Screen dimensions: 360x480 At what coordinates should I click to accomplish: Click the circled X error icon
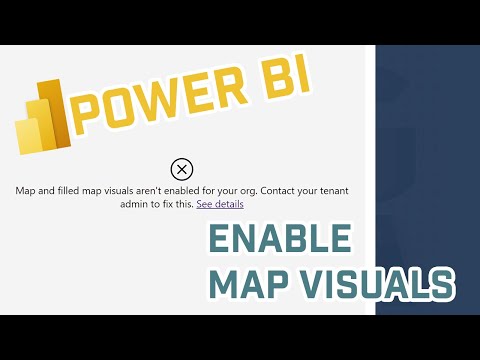tap(181, 168)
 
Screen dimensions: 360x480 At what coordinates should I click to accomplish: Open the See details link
tap(220, 203)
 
